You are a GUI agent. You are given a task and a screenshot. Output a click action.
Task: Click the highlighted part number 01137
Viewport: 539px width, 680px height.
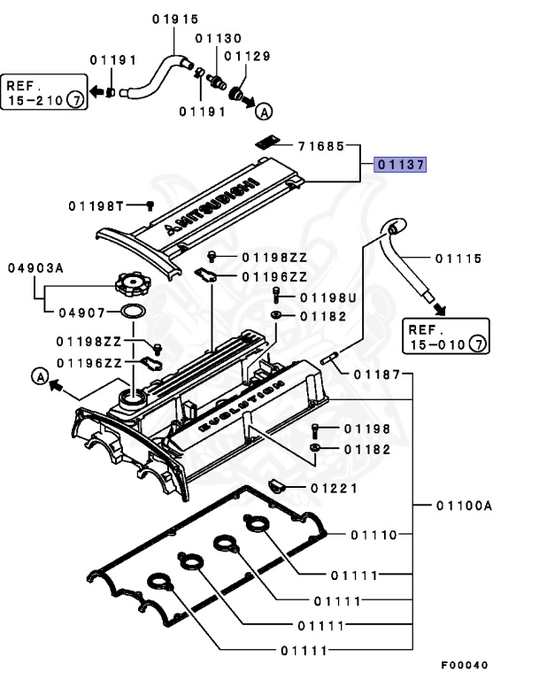pos(400,165)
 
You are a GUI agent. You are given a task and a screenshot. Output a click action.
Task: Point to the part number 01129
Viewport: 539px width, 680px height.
pos(247,56)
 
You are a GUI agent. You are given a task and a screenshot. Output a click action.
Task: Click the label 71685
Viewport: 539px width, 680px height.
pos(320,144)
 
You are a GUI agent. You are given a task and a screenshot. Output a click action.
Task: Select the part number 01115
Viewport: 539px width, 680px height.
pos(458,259)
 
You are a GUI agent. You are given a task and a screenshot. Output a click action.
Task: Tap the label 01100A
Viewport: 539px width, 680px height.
pos(463,506)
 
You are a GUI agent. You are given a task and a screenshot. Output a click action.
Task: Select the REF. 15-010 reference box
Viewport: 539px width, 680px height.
pos(446,336)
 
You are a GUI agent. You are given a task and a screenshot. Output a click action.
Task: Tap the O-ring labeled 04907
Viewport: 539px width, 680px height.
pos(132,313)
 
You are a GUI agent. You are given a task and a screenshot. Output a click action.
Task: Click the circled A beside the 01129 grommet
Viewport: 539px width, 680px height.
pos(263,112)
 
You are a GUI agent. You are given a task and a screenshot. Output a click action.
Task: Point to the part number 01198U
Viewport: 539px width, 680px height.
pos(327,297)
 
